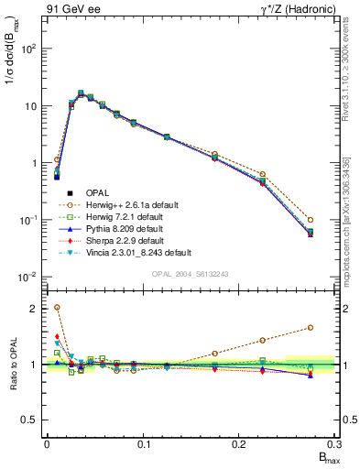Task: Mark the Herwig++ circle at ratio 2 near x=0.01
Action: [x=57, y=308]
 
